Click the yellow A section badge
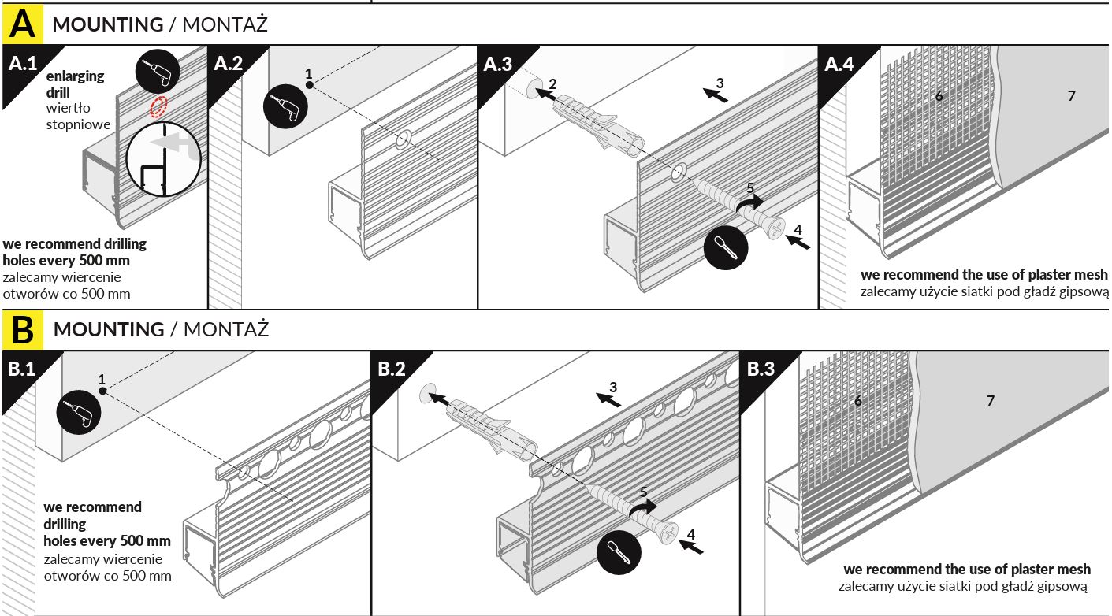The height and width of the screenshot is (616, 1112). (23, 24)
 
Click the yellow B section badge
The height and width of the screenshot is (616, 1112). (23, 329)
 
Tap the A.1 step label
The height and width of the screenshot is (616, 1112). (23, 63)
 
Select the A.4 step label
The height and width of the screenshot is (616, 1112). (839, 64)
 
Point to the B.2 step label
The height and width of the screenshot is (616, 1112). (391, 369)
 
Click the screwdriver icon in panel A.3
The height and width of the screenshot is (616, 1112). (723, 250)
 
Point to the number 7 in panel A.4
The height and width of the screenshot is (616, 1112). (1071, 96)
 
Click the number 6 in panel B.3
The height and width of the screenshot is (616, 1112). (858, 401)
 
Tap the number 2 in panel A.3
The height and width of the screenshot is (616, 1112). (553, 83)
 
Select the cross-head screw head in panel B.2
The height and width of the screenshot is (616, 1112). (668, 533)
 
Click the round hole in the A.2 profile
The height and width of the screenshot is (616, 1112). (403, 140)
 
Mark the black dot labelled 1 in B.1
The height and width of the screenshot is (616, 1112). (102, 391)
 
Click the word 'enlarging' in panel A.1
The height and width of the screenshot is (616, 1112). (75, 76)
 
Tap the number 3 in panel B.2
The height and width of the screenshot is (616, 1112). (612, 386)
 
